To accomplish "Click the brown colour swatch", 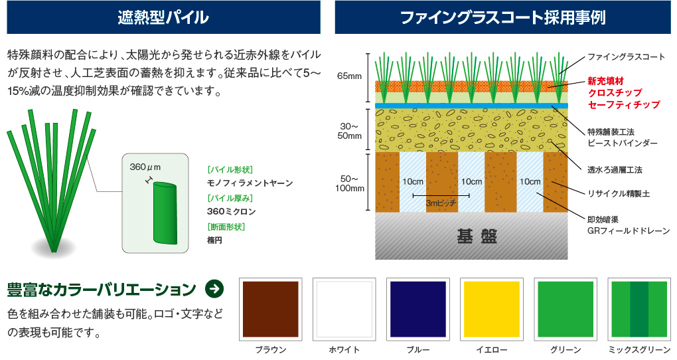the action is pos(271,309).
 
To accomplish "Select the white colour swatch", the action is pos(344,309).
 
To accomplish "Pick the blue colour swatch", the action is pos(418,309).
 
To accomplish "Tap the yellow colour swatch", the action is pos(492,309).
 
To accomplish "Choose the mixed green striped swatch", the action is pos(639,309).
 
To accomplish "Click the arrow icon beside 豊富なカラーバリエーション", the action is pos(214,289).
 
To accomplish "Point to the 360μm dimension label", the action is pos(145,167).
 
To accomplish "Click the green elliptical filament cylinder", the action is pos(165,213).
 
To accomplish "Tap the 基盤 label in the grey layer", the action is pos(477,236).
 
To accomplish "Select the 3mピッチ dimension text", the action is pos(441,203).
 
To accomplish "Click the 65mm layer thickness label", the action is pos(349,76).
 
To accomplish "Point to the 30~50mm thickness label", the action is pos(349,131).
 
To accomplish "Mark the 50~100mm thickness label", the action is pos(349,183).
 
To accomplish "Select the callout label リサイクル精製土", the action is pos(619,193).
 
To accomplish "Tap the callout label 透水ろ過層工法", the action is pos(615,170).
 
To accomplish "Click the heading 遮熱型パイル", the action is pos(163,17).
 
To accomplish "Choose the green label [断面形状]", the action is pos(226,227).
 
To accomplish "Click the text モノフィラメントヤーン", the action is pos(250,183).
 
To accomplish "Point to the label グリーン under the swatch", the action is pos(565,349).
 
